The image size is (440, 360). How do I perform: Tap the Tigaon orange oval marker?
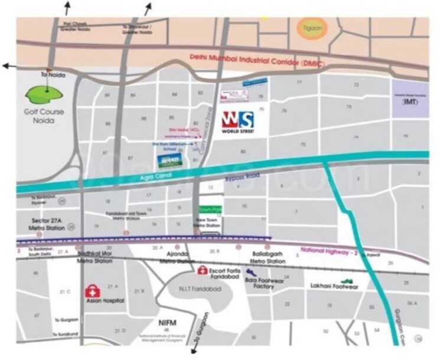point(311,28)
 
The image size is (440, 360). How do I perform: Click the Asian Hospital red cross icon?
point(92,291)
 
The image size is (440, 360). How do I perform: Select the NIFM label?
point(167,323)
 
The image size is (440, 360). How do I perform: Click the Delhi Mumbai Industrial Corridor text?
point(253,59)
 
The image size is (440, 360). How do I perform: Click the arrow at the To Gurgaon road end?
point(193,351)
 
